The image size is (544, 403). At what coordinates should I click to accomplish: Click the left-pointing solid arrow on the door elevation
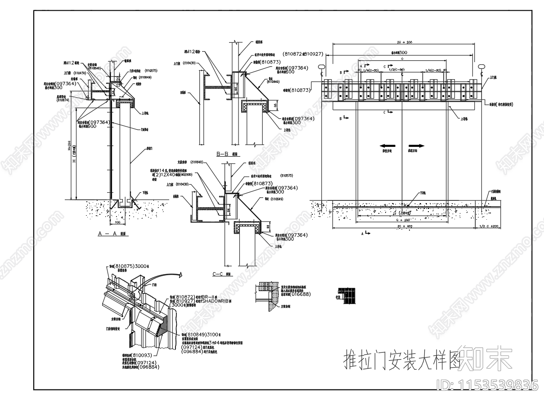click(387, 146)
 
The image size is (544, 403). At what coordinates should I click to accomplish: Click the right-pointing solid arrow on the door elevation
click(417, 146)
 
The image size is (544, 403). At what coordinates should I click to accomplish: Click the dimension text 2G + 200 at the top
click(403, 42)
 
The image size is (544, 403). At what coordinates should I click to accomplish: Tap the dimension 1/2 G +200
click(489, 226)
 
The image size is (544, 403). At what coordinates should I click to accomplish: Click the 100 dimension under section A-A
click(118, 222)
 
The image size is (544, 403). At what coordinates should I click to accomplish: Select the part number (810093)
click(133, 355)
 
